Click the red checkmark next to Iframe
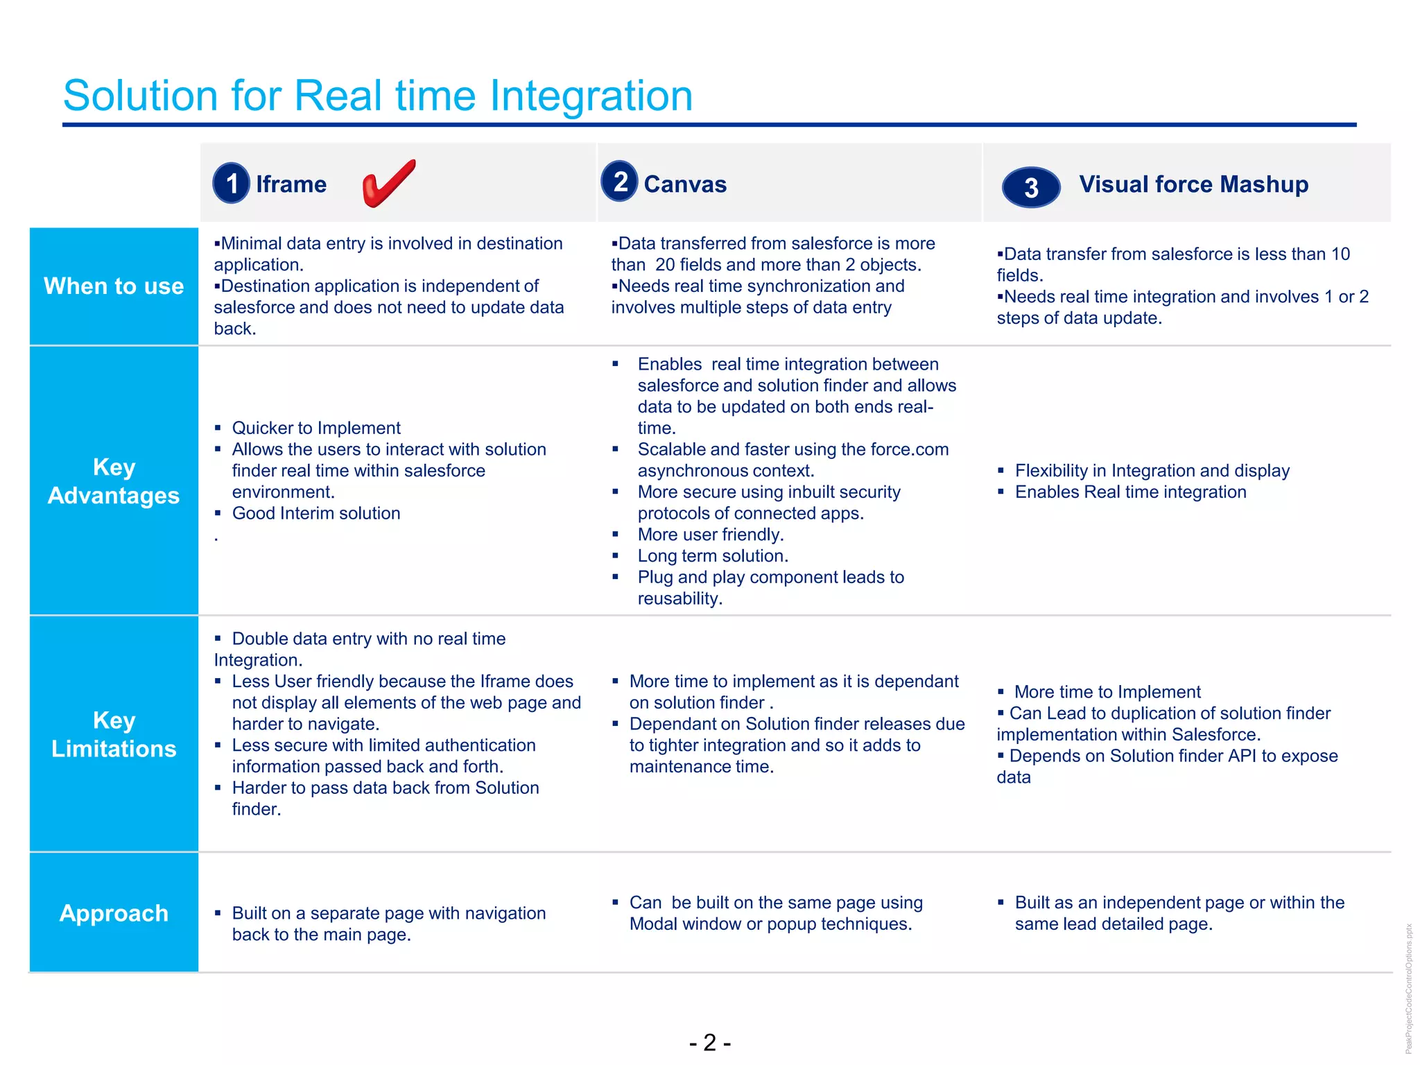click(388, 183)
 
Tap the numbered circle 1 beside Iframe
click(231, 184)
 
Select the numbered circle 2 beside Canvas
click(619, 182)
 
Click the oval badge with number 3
click(1031, 187)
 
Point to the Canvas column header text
click(685, 184)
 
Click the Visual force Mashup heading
click(1193, 184)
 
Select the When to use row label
click(114, 286)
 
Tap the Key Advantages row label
click(114, 481)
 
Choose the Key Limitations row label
click(114, 734)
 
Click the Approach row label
click(114, 913)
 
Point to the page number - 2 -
click(709, 1042)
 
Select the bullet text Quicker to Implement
click(316, 428)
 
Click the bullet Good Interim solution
click(316, 513)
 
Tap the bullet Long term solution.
click(713, 556)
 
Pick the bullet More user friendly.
click(711, 535)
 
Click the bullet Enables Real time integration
click(1130, 492)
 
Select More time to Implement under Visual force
click(1107, 692)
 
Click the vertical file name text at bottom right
click(1408, 988)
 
